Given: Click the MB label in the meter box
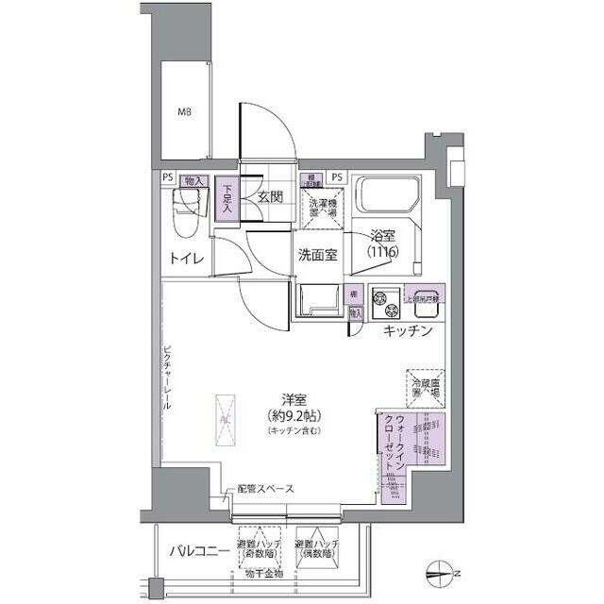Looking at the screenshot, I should [185, 112].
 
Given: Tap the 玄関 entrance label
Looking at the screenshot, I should [270, 197].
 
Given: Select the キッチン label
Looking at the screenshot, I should [408, 330].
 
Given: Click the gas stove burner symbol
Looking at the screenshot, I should [385, 302].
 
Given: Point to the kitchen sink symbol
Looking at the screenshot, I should [422, 301].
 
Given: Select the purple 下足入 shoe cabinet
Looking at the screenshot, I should [226, 201].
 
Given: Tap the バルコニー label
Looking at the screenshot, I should [194, 550].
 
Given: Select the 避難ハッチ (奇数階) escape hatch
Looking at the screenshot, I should [258, 549].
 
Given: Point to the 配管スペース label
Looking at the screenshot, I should [265, 489].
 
